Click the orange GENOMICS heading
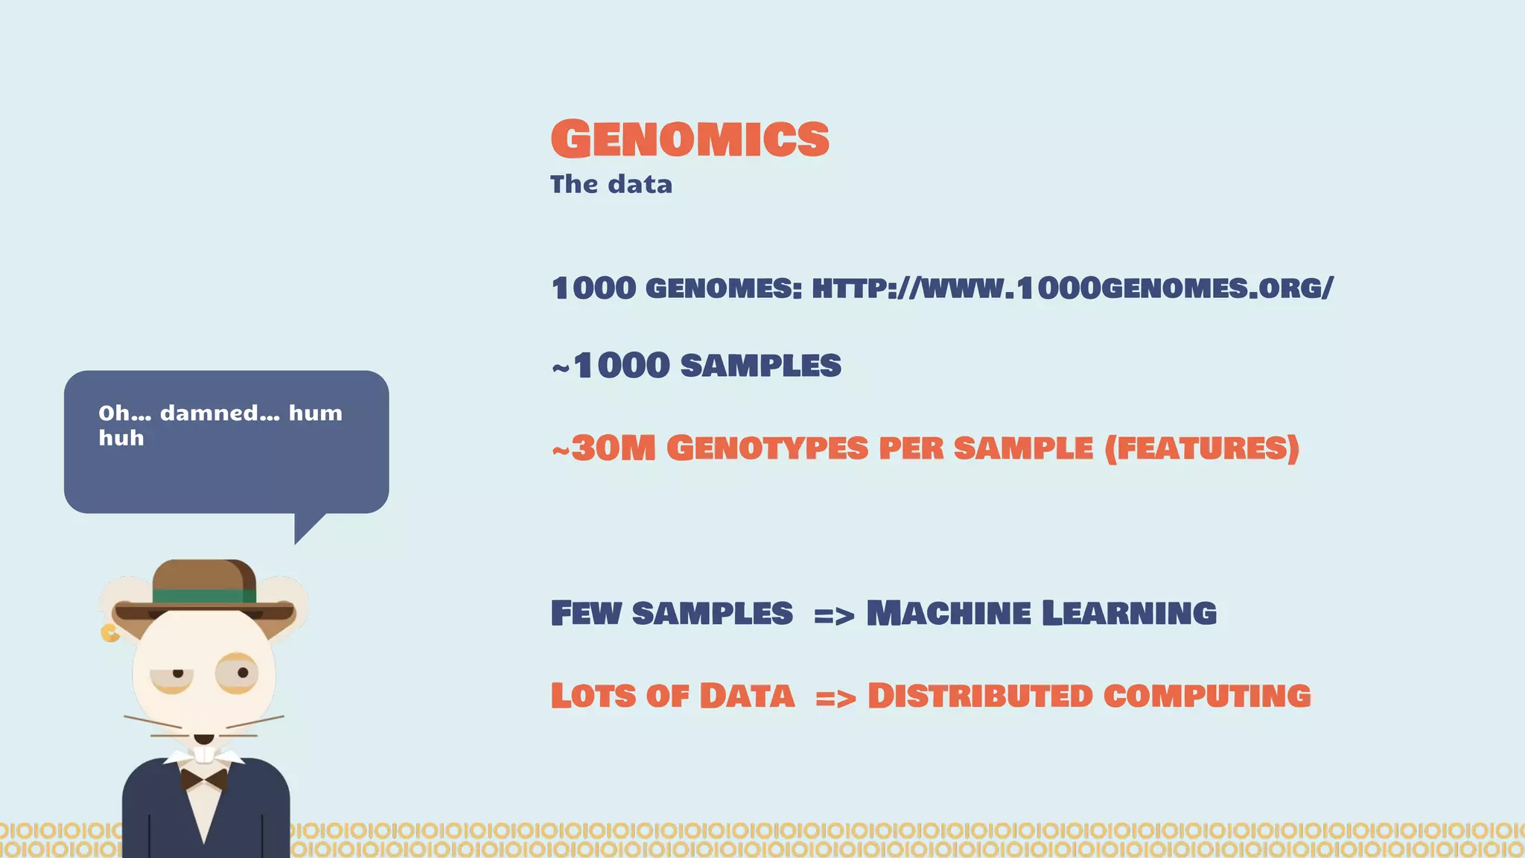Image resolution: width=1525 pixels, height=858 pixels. pyautogui.click(x=690, y=139)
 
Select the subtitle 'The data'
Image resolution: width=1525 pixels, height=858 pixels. pyautogui.click(x=611, y=185)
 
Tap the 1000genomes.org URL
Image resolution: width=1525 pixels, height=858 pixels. pyautogui.click(x=1072, y=288)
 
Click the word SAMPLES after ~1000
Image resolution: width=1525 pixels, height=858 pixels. pyautogui.click(x=760, y=366)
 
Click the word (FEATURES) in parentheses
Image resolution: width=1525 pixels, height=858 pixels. pyautogui.click(x=1202, y=448)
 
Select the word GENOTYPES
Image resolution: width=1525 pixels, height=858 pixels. pyautogui.click(x=767, y=448)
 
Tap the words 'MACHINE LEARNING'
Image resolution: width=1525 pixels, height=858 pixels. pyautogui.click(x=1041, y=614)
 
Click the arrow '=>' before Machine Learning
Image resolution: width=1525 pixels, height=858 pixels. pyautogui.click(x=833, y=616)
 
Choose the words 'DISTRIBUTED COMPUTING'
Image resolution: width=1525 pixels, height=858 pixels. pyautogui.click(x=1089, y=696)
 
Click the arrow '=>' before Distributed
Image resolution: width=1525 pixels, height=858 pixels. pyautogui.click(x=835, y=699)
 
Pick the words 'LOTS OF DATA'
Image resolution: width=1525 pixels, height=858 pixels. pyautogui.click(x=672, y=696)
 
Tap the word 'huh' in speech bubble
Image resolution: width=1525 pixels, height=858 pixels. pyautogui.click(x=121, y=439)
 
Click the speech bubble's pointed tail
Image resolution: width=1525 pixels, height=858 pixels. pyautogui.click(x=305, y=528)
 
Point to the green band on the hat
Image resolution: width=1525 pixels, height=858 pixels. pyautogui.click(x=204, y=596)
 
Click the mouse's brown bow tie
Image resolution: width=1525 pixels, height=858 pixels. pyautogui.click(x=204, y=780)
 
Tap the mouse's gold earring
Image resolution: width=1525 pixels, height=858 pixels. pyautogui.click(x=109, y=634)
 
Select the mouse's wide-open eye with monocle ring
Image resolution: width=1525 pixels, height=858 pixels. pyautogui.click(x=238, y=673)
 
